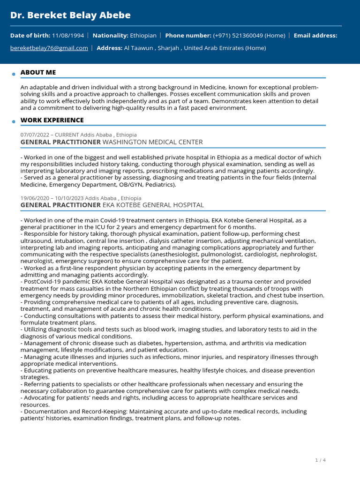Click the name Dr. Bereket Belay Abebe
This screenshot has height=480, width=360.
pos(70,15)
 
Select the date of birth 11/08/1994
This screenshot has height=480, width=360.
pos(69,35)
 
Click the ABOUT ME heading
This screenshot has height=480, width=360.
pos(38,72)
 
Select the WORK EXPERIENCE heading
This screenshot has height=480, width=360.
pos(52,120)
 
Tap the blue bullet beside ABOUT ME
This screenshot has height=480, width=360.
pos(14,74)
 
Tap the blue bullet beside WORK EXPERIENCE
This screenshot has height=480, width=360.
pos(14,122)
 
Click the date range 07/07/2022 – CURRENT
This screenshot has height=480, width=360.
pos(49,135)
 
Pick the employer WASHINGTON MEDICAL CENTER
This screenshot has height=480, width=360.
pos(152,142)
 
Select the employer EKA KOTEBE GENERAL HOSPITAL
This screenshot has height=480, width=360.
pos(153,205)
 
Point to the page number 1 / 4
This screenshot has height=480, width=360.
pos(320,460)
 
